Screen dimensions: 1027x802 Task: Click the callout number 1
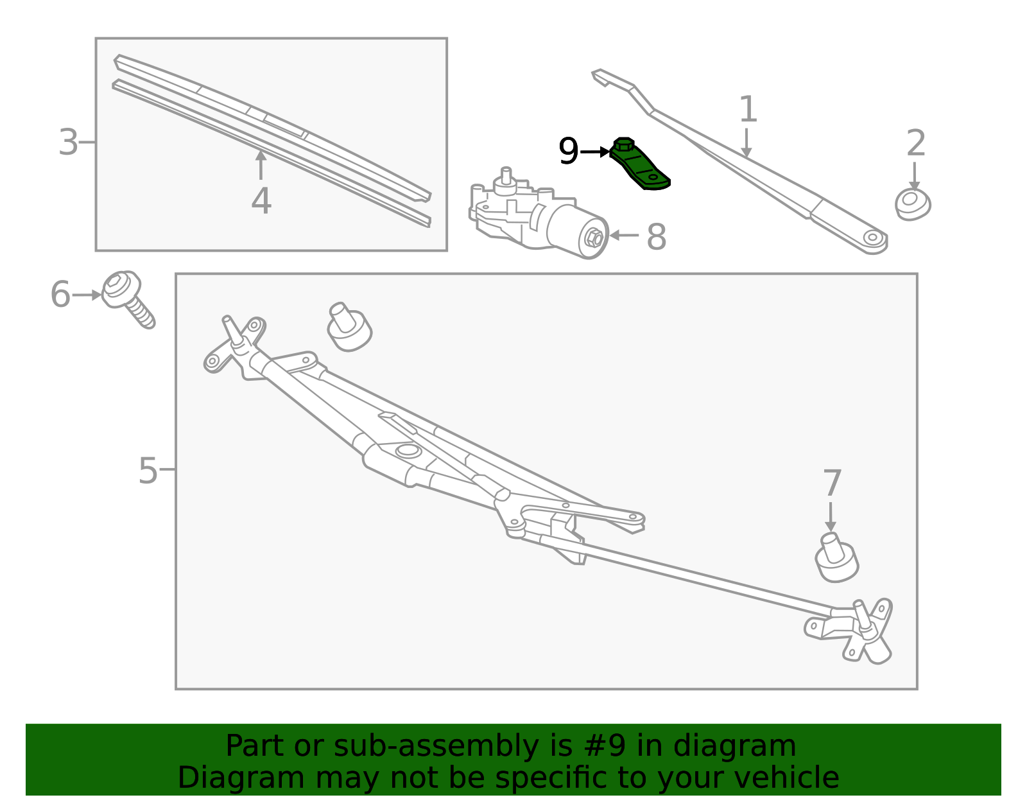tap(748, 109)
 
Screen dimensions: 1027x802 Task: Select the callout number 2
tap(916, 143)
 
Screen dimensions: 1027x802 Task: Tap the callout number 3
tap(68, 142)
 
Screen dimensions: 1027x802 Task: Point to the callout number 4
tap(261, 200)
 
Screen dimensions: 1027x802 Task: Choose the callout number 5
tap(148, 470)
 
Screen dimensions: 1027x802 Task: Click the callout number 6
tap(60, 294)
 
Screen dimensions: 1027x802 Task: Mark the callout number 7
tap(832, 482)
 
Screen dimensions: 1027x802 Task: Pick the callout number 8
tap(657, 236)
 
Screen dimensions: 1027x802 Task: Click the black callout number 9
tap(568, 151)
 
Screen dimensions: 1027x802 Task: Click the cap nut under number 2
tap(913, 204)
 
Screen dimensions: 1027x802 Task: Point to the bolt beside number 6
tap(128, 299)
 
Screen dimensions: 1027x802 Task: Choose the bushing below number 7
tap(836, 557)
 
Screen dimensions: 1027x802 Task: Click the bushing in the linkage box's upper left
tap(349, 327)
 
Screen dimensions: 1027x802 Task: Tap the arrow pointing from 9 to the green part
tap(594, 152)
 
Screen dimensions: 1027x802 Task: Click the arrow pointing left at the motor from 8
tap(624, 235)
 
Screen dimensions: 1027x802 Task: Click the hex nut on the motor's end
tap(594, 237)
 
